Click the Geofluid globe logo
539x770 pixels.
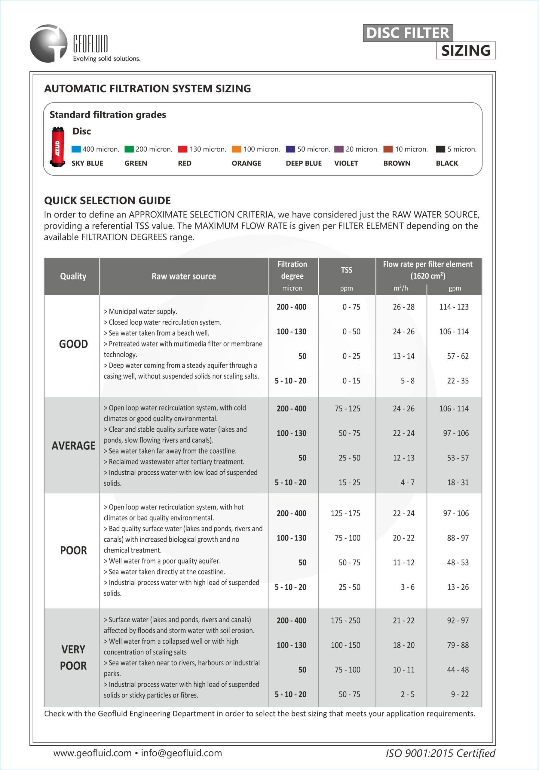[49, 44]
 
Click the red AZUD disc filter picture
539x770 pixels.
[57, 147]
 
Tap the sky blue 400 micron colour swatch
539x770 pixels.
[76, 149]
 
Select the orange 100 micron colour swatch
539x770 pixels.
[236, 149]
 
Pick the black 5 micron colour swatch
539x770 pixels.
[440, 149]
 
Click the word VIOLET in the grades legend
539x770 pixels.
[346, 163]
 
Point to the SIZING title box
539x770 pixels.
[466, 51]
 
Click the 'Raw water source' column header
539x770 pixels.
[184, 276]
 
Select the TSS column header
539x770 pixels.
[347, 270]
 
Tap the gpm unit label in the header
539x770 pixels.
[455, 288]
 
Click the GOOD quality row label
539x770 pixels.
[73, 344]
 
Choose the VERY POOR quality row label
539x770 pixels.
[73, 657]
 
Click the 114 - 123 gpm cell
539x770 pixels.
[454, 307]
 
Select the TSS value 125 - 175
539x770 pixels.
[345, 513]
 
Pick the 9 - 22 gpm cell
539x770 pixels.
[460, 694]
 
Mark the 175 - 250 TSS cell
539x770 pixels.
[345, 621]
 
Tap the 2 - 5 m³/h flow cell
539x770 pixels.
[407, 694]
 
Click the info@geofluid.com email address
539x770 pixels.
[181, 753]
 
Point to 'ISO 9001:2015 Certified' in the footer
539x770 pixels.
[440, 753]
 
